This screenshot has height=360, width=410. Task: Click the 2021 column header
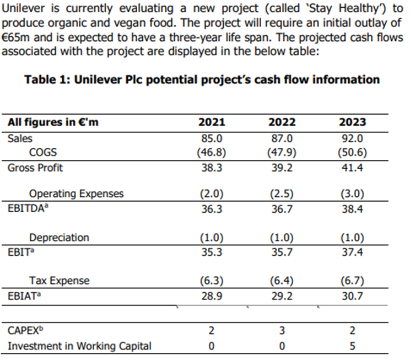pos(212,122)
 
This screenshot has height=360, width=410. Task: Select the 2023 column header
pos(353,122)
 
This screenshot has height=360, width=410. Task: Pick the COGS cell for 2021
pos(212,152)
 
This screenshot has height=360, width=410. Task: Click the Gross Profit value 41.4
pos(353,167)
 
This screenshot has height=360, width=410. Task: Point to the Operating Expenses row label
pos(76,194)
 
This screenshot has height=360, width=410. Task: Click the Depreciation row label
pos(59,238)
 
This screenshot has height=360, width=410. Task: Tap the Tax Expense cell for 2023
pos(353,281)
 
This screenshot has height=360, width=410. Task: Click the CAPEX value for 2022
pos(282,331)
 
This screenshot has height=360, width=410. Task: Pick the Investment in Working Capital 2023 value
pos(353,346)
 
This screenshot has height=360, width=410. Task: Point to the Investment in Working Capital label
pos(79,346)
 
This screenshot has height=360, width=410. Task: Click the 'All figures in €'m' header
pos(53,122)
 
